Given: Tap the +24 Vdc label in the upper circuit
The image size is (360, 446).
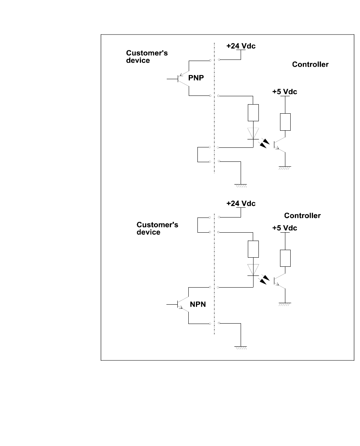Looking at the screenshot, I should (241, 46).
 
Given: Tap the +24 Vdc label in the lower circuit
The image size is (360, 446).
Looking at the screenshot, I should (241, 203).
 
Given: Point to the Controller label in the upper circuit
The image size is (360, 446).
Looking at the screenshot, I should (310, 64).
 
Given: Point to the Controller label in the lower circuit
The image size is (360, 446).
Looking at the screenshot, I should (302, 216).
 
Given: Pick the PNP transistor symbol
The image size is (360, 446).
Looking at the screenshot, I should (184, 78).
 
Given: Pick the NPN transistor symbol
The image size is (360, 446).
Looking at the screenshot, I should (184, 304).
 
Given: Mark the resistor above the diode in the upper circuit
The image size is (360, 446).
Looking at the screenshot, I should (253, 113).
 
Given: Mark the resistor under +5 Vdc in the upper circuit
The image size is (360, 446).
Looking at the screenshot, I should (285, 122).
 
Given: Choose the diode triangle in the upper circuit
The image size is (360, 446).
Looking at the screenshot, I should (253, 133).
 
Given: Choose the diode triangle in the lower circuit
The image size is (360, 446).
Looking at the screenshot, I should (253, 269).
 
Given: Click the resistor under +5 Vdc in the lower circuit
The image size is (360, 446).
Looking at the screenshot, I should (285, 258).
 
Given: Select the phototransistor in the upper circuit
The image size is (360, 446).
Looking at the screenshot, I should (280, 144).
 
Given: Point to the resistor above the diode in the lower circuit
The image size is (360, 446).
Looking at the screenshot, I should (253, 249).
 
